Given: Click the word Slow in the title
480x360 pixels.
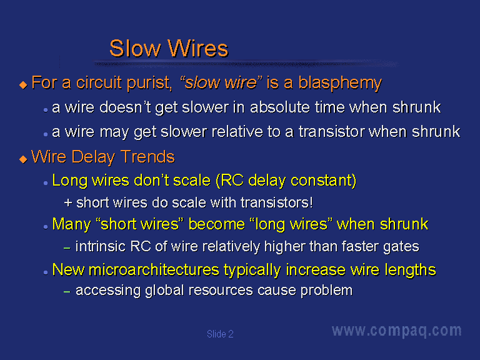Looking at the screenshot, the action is pyautogui.click(x=135, y=48).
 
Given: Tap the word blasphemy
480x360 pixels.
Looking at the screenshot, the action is pyautogui.click(x=340, y=83).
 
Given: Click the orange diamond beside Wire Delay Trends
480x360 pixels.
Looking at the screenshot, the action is pyautogui.click(x=23, y=159).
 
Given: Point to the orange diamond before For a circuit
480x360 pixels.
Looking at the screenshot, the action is pyautogui.click(x=23, y=84).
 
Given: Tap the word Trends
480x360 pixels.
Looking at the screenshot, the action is pyautogui.click(x=147, y=157).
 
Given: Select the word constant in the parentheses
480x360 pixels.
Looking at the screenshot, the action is pyautogui.click(x=321, y=180).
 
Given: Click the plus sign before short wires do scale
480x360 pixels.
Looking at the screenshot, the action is pyautogui.click(x=68, y=202).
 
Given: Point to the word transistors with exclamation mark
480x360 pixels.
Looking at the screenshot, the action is pyautogui.click(x=277, y=202).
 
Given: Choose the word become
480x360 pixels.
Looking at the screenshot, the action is pyautogui.click(x=216, y=224).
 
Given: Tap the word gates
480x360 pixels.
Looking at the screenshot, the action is pyautogui.click(x=401, y=247).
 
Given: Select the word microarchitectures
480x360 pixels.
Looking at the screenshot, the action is pyautogui.click(x=154, y=270).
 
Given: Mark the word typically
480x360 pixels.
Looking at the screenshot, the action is pyautogui.click(x=252, y=270).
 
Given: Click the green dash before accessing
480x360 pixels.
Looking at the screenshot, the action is pyautogui.click(x=67, y=292).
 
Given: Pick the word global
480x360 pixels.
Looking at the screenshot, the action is pyautogui.click(x=164, y=291).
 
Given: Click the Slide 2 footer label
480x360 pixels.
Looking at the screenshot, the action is pyautogui.click(x=220, y=334).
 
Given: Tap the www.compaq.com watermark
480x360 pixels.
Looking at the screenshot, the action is pyautogui.click(x=397, y=331).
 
